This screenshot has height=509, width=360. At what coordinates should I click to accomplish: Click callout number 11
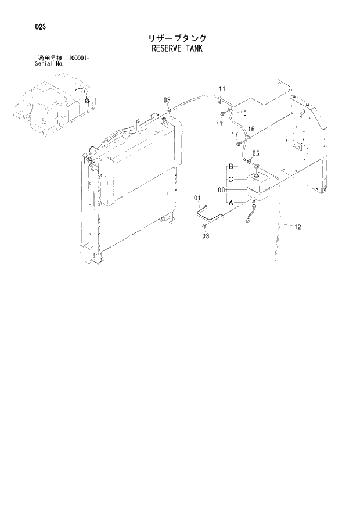tap(222, 88)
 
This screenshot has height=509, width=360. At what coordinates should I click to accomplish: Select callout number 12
tap(297, 227)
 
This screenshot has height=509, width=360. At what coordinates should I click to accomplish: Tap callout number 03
tap(206, 236)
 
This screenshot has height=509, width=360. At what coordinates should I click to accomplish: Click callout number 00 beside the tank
tap(221, 190)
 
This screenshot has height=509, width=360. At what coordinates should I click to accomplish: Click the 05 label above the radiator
tap(167, 99)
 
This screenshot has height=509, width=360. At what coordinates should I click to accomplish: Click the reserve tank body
tap(260, 186)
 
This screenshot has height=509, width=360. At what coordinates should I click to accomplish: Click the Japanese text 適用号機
tap(49, 58)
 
